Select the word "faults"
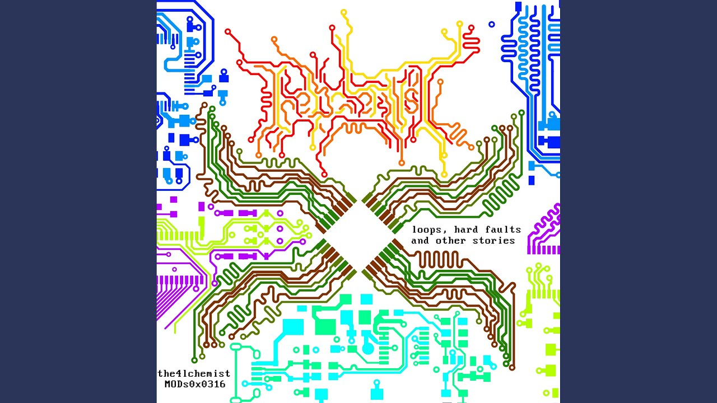point(503,229)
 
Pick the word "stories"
point(493,240)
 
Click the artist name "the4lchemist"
point(194,373)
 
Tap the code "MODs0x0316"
point(195,384)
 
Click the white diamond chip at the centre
point(359,236)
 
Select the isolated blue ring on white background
point(492,24)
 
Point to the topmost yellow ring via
point(344,12)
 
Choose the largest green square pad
point(325,326)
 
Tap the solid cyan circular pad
point(368,348)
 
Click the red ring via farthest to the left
point(228,32)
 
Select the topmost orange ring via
point(274,39)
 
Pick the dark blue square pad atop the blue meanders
point(518,6)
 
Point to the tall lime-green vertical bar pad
point(201,223)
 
